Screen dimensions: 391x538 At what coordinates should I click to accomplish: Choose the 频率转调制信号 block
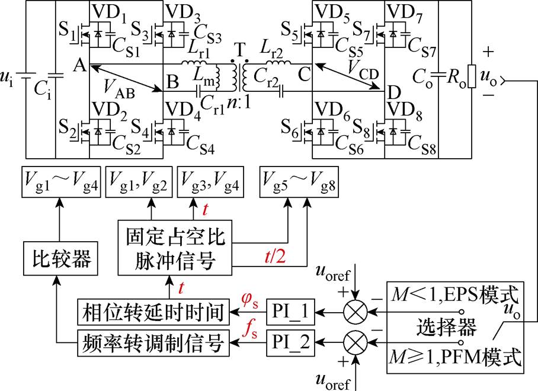(154, 342)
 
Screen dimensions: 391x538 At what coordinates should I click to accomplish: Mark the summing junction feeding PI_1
(354, 310)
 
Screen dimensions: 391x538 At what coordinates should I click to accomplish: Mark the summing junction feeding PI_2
(354, 342)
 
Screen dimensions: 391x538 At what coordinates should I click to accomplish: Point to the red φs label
(249, 297)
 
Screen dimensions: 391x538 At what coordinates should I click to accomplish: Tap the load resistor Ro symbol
(472, 78)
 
